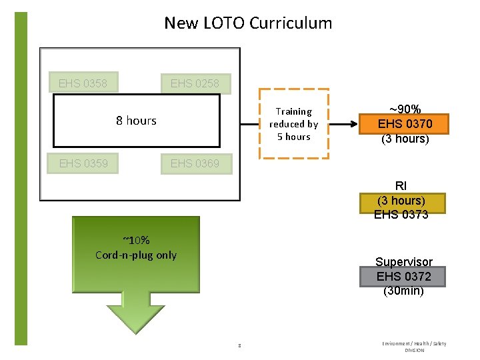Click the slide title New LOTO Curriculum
[248, 23]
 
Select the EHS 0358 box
[83, 83]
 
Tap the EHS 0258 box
[195, 83]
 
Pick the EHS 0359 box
[83, 163]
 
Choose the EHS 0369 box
[195, 163]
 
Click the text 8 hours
[136, 121]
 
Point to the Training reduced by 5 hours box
[293, 124]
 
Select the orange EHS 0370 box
[405, 124]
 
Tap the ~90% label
[405, 109]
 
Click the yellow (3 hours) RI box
[401, 201]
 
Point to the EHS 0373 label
[401, 215]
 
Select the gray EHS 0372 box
[403, 276]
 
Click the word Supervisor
[403, 262]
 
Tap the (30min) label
[403, 291]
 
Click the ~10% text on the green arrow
[136, 241]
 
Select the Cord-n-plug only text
[136, 255]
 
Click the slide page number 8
[239, 345]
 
